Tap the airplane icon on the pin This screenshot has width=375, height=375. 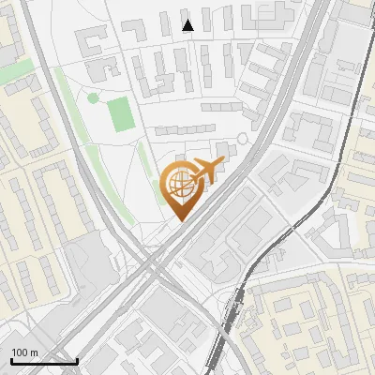pyautogui.click(x=203, y=172)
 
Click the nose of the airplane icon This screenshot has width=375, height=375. pyautogui.click(x=222, y=163)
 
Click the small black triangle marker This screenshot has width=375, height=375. pyautogui.click(x=188, y=25)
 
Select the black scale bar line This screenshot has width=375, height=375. pyautogui.click(x=44, y=361)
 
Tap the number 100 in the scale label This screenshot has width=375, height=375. pyautogui.click(x=21, y=352)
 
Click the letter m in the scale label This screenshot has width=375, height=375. pyautogui.click(x=35, y=352)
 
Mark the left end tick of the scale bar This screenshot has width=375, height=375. pyautogui.click(x=11, y=359)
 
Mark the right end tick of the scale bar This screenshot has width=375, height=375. pyautogui.click(x=77, y=359)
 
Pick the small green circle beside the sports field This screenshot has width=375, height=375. pyautogui.click(x=93, y=97)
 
